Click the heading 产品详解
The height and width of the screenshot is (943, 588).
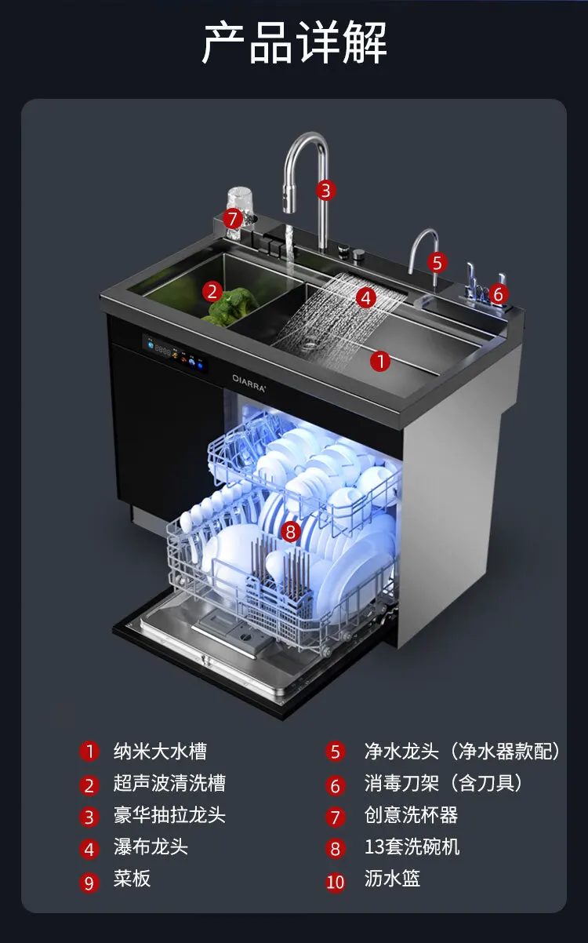(294, 43)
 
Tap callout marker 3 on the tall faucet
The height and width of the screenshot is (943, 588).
(326, 190)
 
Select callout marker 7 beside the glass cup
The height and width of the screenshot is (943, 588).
(232, 218)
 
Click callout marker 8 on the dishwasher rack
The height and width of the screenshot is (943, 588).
(290, 532)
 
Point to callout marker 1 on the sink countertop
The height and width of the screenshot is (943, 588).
(379, 361)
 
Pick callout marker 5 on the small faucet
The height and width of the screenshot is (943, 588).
(437, 262)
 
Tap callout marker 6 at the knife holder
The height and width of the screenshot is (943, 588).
(497, 295)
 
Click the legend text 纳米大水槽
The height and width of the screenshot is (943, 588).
(160, 752)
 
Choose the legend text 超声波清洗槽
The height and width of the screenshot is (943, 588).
(169, 784)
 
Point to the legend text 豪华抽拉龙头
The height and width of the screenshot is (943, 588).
(169, 815)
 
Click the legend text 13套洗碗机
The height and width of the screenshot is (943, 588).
(412, 847)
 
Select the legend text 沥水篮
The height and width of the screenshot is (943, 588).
(392, 879)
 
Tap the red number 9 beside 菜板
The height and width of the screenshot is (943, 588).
(89, 882)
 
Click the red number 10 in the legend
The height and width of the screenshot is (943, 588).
(336, 882)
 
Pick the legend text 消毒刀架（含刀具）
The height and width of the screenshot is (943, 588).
(443, 784)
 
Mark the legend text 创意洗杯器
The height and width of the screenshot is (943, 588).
(411, 815)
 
